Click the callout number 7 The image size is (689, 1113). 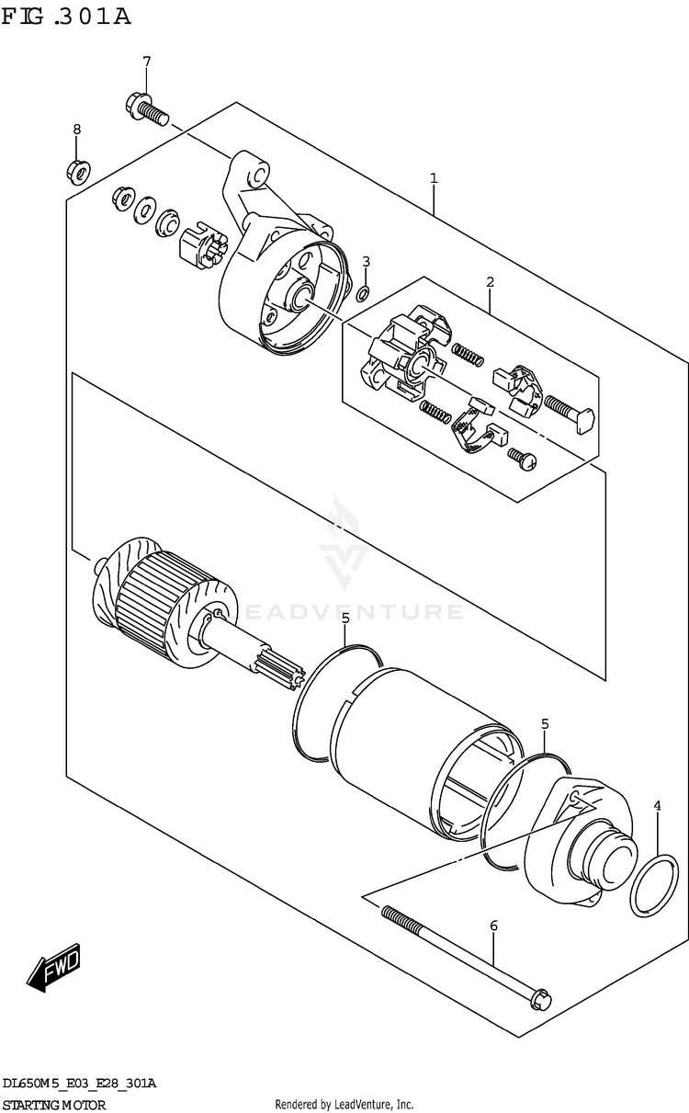click(x=145, y=62)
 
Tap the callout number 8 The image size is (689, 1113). click(x=76, y=130)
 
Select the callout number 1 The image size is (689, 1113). click(x=434, y=178)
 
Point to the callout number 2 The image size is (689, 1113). click(x=491, y=281)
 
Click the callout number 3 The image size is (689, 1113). click(x=366, y=262)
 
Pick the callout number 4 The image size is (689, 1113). click(x=658, y=806)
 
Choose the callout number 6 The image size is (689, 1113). click(x=493, y=925)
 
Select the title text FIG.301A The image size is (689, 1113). click(x=66, y=16)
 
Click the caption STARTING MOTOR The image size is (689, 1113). click(x=54, y=1104)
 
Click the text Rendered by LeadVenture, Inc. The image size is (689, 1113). click(x=344, y=1104)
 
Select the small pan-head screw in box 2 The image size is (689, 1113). click(x=522, y=458)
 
